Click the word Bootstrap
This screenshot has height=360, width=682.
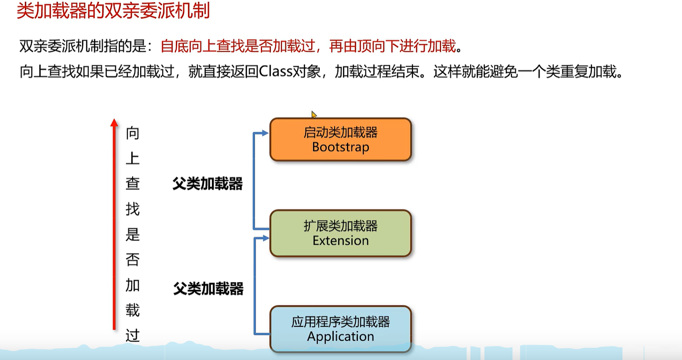[341, 147]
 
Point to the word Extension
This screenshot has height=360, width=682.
[341, 241]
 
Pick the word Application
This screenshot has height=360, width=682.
[341, 337]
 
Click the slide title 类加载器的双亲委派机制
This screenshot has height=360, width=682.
[112, 11]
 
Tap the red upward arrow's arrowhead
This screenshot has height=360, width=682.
[114, 122]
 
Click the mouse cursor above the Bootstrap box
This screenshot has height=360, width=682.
[314, 114]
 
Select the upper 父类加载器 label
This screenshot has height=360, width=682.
[208, 184]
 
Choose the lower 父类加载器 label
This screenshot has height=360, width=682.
[209, 289]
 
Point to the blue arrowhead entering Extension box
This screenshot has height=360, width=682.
[266, 238]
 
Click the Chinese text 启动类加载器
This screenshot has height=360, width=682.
[341, 133]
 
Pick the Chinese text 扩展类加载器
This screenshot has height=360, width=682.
[341, 226]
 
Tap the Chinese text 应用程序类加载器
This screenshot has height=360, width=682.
[341, 322]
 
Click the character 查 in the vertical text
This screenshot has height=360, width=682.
[133, 184]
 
